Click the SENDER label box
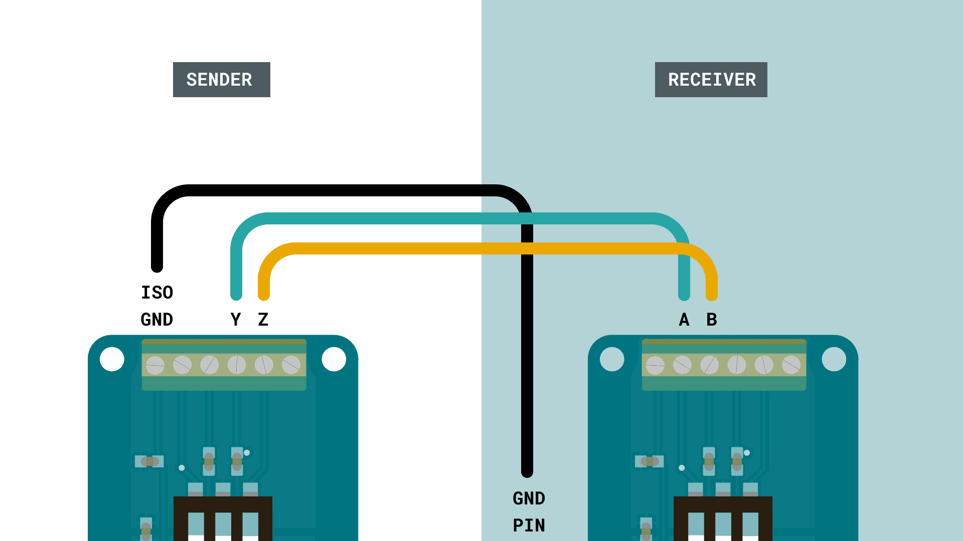point(221,80)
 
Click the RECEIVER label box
point(711,80)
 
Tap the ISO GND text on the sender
point(157,306)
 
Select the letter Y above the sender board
point(236,320)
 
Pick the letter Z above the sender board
point(263,320)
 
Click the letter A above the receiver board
point(684,320)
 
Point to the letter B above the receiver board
point(712,320)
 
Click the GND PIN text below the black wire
point(529,511)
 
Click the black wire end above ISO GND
point(157,266)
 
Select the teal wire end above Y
point(236,294)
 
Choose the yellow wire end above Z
point(264,294)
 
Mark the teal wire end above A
point(684,294)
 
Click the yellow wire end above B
point(712,294)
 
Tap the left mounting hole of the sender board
point(112,359)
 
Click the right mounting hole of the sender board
point(334,359)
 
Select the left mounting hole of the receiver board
point(612,359)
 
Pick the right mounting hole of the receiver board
point(834,359)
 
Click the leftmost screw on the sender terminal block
point(155,365)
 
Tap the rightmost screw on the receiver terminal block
point(791,365)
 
